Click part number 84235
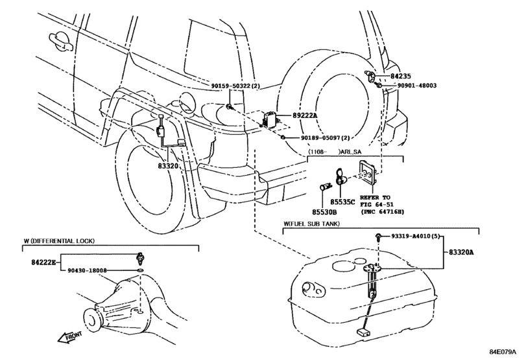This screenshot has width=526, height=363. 401,76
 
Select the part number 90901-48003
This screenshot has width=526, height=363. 417,86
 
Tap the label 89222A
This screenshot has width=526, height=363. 305,115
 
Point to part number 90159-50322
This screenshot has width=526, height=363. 231,86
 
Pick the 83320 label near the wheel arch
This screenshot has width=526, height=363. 168,165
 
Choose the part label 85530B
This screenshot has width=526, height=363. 324,212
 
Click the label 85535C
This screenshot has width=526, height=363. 342,202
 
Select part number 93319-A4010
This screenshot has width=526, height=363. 411,236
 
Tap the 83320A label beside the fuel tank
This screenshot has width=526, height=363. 461,252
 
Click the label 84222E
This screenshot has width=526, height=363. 43,262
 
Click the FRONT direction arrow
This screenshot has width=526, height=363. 70,337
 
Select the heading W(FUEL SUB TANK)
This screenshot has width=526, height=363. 311,224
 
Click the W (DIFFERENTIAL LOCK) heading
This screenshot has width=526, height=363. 59,240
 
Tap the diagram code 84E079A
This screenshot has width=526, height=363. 503,351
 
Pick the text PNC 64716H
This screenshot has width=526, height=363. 383,211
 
